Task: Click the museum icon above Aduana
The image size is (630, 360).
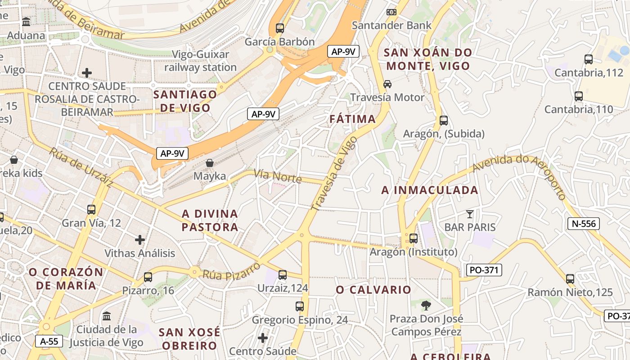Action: pos(26,22)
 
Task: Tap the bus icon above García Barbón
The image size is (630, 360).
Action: pos(280,28)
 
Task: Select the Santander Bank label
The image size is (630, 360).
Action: pos(391,25)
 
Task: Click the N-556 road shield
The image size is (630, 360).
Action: pos(584,223)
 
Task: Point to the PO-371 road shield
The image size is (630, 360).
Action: pos(484,270)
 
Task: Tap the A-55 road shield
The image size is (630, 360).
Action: pos(49,341)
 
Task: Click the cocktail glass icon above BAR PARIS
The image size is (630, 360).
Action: pos(470,214)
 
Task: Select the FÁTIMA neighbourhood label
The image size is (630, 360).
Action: pos(352,119)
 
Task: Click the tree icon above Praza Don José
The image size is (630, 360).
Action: pos(426,306)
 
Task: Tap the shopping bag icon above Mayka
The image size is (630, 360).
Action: pos(210,163)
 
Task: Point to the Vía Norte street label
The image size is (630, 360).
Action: pos(278,176)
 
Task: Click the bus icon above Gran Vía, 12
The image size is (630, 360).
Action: pos(91,210)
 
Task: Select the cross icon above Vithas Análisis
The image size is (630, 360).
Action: pos(140,240)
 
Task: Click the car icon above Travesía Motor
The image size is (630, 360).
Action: pos(387,84)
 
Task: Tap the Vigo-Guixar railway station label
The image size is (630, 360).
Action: pos(200,61)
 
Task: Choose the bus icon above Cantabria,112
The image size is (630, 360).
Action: pos(588,59)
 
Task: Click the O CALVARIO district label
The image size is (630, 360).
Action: pos(373,290)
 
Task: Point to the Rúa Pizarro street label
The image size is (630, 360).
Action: pos(231,270)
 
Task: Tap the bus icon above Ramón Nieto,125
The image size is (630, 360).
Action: pos(570,279)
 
